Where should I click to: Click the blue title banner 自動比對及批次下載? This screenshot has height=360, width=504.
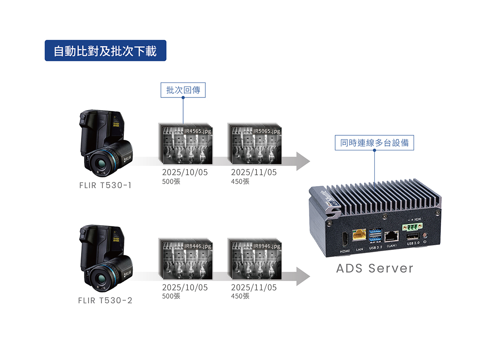tap(105, 51)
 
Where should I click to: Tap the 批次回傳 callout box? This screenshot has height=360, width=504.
tap(183, 90)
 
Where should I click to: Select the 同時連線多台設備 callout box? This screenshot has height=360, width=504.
tap(374, 143)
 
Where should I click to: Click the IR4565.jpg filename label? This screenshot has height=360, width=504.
tap(198, 131)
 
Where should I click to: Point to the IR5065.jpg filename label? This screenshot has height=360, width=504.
tap(267, 131)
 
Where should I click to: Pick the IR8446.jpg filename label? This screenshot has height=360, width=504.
tap(198, 246)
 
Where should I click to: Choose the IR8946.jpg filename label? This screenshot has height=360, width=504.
tap(267, 246)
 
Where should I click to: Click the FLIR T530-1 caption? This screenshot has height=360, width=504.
tap(105, 185)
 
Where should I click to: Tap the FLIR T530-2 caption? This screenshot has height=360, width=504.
tap(105, 300)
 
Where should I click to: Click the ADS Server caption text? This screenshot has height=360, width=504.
tap(375, 268)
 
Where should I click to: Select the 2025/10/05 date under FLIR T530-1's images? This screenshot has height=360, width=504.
tap(185, 172)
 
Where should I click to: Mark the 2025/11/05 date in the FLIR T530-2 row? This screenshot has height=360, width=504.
tap(254, 288)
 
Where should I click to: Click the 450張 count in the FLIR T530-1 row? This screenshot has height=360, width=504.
tap(240, 181)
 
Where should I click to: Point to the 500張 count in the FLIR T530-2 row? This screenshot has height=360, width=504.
tap(171, 296)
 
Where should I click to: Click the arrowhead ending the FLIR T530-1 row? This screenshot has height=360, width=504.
tap(303, 161)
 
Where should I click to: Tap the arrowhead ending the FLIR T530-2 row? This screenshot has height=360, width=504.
tap(303, 276)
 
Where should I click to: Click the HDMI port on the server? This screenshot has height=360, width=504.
tap(345, 239)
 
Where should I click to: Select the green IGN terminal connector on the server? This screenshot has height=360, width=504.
tap(412, 227)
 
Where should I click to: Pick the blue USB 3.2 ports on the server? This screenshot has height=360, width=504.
tap(375, 236)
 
